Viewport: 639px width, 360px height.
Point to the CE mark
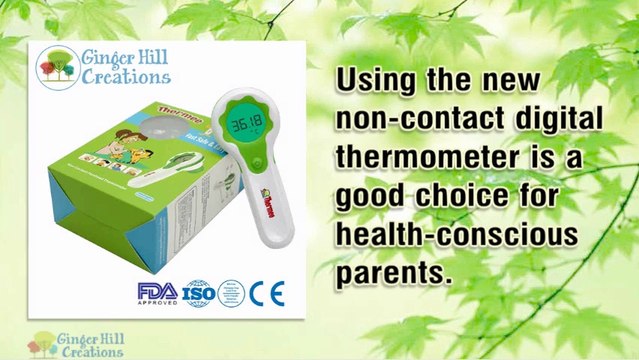click(x=267, y=293)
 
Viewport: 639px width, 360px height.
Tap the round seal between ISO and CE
click(x=231, y=292)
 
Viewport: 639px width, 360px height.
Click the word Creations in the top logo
click(x=126, y=77)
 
